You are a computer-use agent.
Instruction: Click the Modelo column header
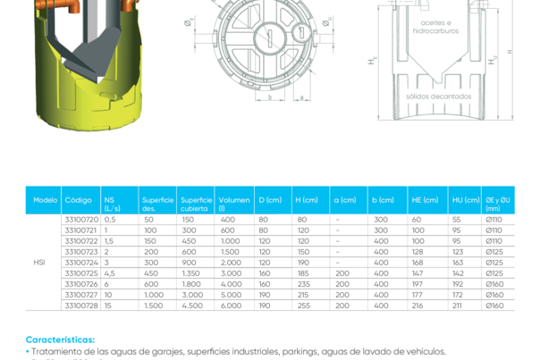point(46,200)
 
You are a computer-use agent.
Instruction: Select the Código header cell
point(79,200)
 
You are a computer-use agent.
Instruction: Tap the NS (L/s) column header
point(118,204)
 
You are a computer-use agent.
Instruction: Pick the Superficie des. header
point(157,204)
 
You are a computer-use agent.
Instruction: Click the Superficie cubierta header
point(196,204)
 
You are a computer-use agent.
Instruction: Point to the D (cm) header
point(273,200)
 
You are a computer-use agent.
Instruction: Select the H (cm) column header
point(310,200)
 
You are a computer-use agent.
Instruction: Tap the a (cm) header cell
point(349,200)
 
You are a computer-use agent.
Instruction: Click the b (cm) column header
point(387,200)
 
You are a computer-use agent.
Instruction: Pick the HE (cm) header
point(426,200)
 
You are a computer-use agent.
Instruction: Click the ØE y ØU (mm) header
point(501,204)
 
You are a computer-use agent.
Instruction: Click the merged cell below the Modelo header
point(41,263)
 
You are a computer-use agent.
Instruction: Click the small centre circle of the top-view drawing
point(266,34)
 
